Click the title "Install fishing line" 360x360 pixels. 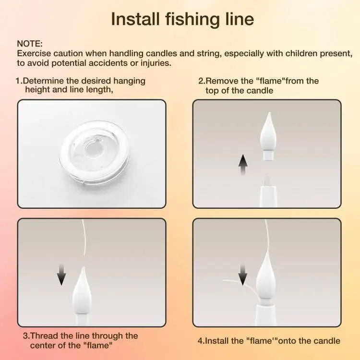tap(182, 19)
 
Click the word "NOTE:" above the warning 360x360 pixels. tap(30, 44)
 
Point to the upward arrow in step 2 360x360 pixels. tap(243, 166)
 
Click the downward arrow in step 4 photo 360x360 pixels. tap(243, 275)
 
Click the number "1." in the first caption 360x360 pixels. tap(19, 81)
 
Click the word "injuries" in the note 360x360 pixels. tap(154, 63)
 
